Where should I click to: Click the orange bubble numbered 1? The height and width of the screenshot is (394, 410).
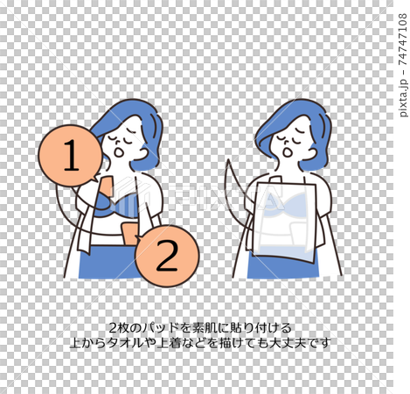click(71, 156)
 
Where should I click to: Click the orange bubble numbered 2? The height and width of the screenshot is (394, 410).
click(167, 256)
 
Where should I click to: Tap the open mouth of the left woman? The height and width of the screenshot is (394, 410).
click(119, 152)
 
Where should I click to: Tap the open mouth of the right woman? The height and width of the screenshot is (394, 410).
click(288, 152)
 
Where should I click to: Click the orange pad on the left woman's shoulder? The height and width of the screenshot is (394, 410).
click(107, 186)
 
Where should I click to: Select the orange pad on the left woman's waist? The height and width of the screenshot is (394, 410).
click(130, 234)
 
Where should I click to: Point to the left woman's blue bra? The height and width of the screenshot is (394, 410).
click(116, 205)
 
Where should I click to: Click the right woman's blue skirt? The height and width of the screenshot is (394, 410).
click(282, 267)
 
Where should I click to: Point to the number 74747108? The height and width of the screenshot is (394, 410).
click(403, 39)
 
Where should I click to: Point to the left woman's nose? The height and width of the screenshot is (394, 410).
click(117, 143)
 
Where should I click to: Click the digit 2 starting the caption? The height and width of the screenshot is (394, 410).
click(113, 328)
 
